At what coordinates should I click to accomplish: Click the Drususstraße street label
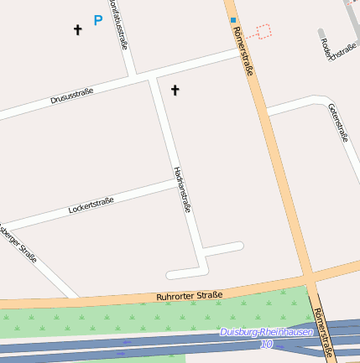[x=71, y=96]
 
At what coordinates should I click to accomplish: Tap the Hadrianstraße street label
[x=182, y=189]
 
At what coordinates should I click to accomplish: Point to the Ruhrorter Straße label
[x=190, y=296]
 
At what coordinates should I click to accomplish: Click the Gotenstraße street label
[x=338, y=122]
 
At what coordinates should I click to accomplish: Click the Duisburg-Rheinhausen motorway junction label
[x=266, y=332]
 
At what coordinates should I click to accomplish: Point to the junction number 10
[x=266, y=344]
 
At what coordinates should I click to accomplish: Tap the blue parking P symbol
[x=98, y=20]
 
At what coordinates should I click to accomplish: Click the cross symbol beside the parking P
[x=78, y=30]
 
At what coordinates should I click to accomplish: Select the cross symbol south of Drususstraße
[x=175, y=90]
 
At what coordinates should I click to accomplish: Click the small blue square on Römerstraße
[x=233, y=19]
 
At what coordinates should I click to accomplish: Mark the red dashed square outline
[x=263, y=32]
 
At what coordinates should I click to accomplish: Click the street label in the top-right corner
[x=338, y=51]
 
